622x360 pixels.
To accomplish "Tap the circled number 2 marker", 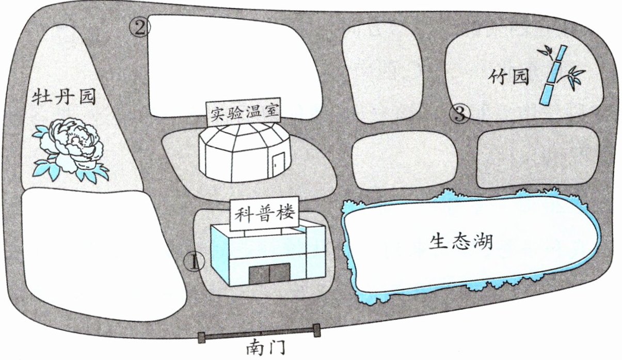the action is click(140, 27).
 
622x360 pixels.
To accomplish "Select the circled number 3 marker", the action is click(460, 113).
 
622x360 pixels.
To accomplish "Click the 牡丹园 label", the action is click(63, 98).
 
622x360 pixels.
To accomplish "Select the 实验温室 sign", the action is click(243, 112).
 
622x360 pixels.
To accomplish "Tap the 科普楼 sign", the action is click(264, 213).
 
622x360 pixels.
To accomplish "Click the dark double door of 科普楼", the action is click(269, 273).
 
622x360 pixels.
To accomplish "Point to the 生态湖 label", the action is click(460, 242).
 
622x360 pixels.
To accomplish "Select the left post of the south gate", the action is click(202, 338).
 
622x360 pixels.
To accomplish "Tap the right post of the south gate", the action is click(316, 331).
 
